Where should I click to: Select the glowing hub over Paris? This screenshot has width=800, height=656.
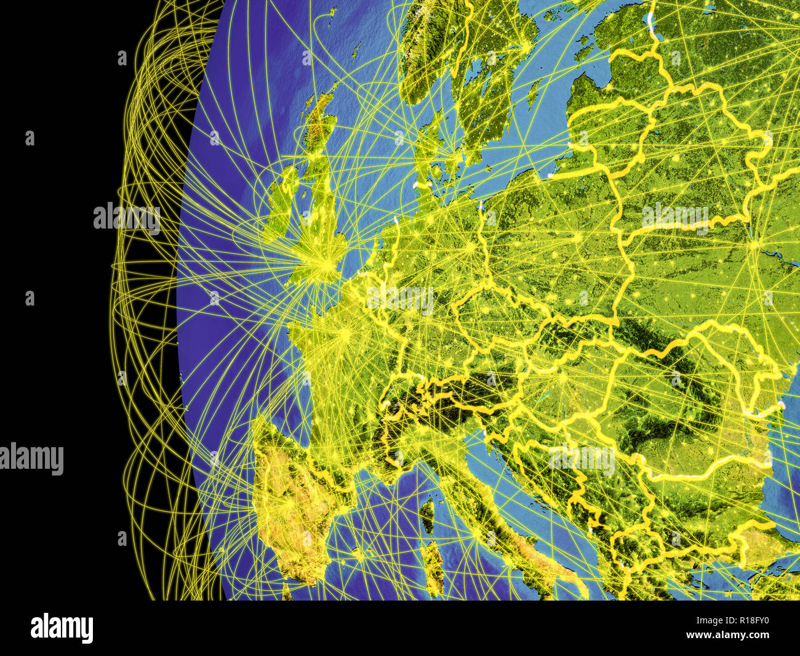point(345,333)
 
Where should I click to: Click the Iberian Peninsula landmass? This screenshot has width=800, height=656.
point(289,493)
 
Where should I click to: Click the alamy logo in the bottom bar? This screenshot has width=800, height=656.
point(62,628)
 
